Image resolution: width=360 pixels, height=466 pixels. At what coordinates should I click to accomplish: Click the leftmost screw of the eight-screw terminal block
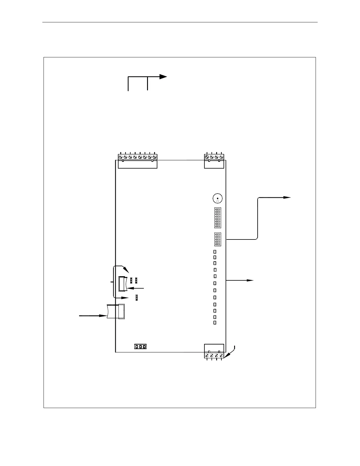(x=121, y=157)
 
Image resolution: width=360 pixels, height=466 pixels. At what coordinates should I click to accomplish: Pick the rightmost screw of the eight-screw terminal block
(x=154, y=157)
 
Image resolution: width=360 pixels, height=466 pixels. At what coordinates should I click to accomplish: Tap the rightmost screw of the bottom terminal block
(x=221, y=356)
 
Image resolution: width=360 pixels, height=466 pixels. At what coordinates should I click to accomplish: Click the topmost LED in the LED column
(x=215, y=252)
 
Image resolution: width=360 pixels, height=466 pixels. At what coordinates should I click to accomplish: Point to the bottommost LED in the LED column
(x=215, y=323)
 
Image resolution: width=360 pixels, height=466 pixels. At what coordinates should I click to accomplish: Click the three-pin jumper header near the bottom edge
(x=140, y=347)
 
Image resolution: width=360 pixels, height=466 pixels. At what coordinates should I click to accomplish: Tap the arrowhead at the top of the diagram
(x=164, y=77)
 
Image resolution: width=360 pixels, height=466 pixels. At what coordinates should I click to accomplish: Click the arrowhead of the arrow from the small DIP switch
(x=288, y=198)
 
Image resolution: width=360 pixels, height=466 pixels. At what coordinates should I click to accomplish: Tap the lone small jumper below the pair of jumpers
(x=137, y=298)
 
